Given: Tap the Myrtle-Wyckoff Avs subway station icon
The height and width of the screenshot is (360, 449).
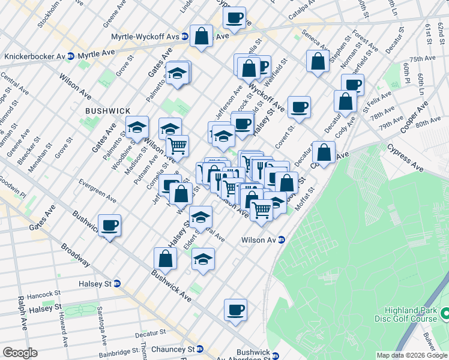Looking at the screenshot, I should [185, 37].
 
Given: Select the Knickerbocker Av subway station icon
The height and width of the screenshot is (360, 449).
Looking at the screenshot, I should [71, 56].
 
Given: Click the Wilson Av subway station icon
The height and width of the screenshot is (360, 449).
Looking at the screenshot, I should [281, 240].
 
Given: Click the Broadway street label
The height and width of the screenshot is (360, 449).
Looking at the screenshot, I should [75, 256].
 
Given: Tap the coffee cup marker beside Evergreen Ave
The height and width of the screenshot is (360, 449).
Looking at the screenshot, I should [109, 226].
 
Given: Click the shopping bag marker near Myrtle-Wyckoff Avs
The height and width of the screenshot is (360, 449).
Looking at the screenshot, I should [202, 35].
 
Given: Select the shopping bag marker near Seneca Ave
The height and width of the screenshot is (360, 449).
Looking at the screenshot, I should [318, 61].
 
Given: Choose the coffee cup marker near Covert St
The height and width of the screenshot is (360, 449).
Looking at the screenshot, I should [298, 107].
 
